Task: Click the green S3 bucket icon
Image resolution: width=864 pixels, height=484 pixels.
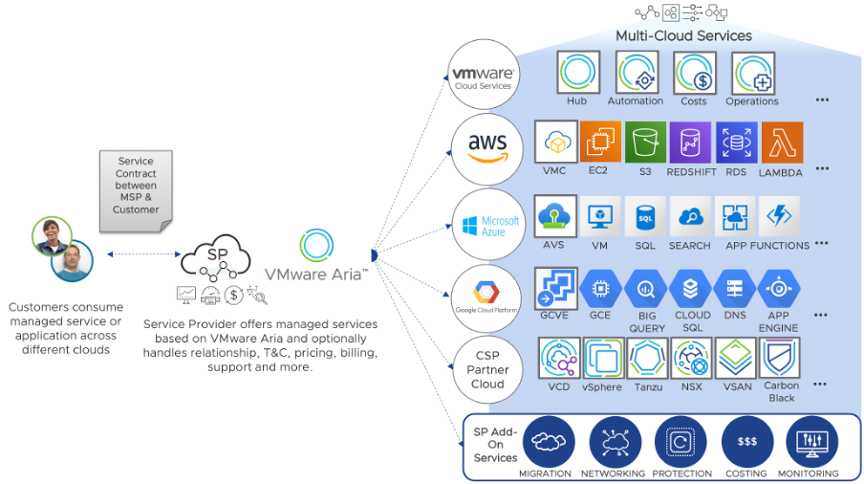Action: click(x=645, y=143)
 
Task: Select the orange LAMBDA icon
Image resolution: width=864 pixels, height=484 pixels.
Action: click(x=781, y=143)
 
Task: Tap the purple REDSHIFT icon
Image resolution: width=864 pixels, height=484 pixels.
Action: click(x=690, y=143)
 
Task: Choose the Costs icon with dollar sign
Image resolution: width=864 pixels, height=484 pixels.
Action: click(x=695, y=73)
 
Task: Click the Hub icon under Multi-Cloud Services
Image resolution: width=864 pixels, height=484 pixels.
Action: click(x=577, y=73)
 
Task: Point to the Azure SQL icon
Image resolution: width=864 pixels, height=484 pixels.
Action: click(x=645, y=217)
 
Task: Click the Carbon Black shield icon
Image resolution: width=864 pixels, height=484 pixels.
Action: click(x=780, y=359)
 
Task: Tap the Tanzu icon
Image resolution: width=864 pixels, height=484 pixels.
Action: click(x=648, y=359)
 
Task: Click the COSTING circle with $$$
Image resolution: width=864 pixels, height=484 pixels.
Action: click(x=746, y=441)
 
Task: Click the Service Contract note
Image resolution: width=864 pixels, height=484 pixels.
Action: click(x=136, y=186)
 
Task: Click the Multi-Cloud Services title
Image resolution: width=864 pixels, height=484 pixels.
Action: click(x=682, y=35)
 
